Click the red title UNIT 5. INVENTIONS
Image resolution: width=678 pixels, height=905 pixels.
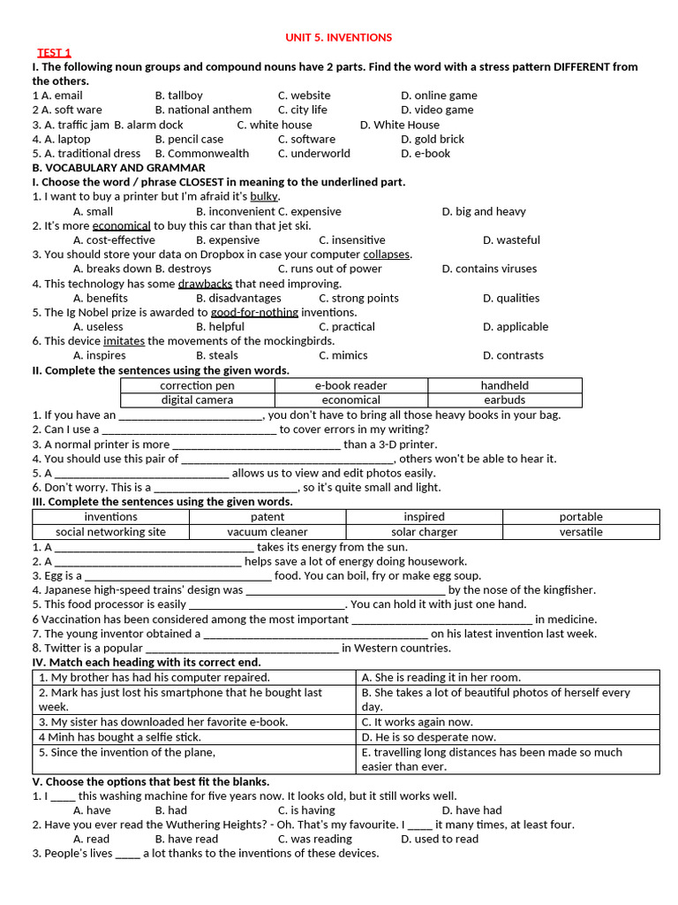(x=338, y=38)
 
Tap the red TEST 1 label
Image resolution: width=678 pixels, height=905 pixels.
(x=54, y=53)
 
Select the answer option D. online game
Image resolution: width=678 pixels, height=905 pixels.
(x=438, y=95)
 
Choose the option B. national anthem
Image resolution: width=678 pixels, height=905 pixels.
(x=203, y=110)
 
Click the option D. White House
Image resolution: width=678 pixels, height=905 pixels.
(x=399, y=125)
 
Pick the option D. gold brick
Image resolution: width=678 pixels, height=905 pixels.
(x=433, y=139)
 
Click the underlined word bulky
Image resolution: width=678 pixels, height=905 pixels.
(x=264, y=196)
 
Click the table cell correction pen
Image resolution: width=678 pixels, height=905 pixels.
(x=197, y=385)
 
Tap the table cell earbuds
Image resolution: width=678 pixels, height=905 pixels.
(x=504, y=399)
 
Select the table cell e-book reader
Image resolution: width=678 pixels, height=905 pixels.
(x=350, y=385)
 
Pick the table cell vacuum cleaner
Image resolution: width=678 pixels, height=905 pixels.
(x=267, y=532)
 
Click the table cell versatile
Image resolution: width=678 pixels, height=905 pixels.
(x=580, y=532)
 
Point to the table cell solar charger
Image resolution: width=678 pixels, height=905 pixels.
(x=424, y=532)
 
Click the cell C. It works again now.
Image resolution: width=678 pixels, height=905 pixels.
(x=417, y=722)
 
